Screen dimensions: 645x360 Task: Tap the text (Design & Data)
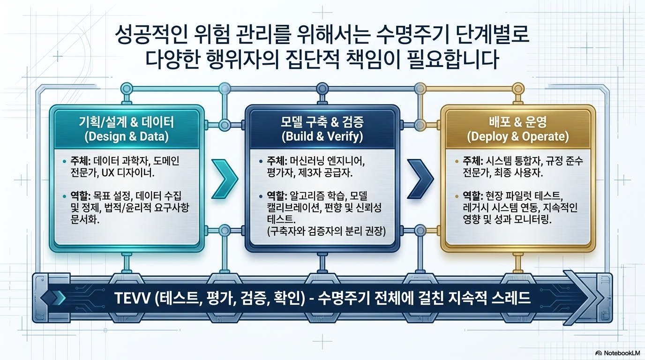point(127,136)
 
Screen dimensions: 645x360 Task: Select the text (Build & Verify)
point(322,136)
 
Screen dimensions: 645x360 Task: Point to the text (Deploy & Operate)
point(517,136)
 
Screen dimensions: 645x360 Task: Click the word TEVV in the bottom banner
point(132,298)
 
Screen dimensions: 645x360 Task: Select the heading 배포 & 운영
point(517,122)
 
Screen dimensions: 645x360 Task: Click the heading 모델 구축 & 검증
point(322,122)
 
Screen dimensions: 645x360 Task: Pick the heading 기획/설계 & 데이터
point(127,122)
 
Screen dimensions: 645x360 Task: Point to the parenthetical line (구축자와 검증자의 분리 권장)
point(326,231)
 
